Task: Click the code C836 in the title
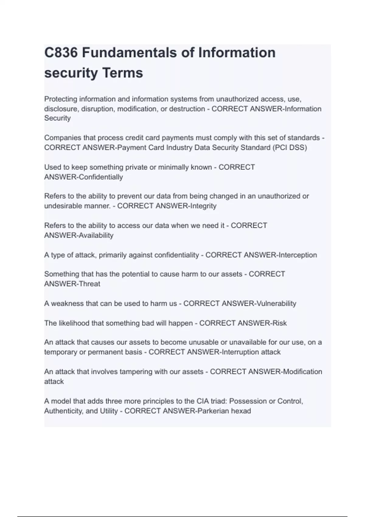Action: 61,53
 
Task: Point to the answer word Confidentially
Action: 101,177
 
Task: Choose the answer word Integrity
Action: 203,206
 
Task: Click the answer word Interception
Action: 298,255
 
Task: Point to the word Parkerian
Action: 213,411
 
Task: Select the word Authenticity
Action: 64,411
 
